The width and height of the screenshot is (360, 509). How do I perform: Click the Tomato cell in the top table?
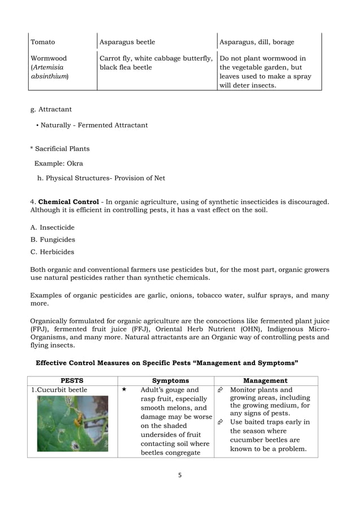(43, 42)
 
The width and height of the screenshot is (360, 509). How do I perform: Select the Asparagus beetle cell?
(127, 42)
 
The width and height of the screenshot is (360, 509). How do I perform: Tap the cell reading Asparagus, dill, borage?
(256, 42)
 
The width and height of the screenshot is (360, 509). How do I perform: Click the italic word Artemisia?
(47, 67)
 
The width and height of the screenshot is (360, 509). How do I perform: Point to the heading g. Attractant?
(51, 109)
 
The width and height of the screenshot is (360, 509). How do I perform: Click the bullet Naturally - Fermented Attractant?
(91, 125)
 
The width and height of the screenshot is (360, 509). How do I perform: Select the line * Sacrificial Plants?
(60, 149)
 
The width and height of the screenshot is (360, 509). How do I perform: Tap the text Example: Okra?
(59, 164)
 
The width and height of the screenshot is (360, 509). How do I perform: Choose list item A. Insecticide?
(52, 227)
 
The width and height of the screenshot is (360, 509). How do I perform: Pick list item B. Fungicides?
(52, 240)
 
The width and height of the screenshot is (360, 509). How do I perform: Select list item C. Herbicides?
(52, 252)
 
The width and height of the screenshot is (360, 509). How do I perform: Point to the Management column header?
(265, 381)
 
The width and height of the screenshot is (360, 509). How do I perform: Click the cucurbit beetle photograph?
(72, 423)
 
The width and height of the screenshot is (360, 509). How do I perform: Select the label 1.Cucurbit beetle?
(59, 390)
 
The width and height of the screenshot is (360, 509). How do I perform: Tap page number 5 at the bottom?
(179, 475)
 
